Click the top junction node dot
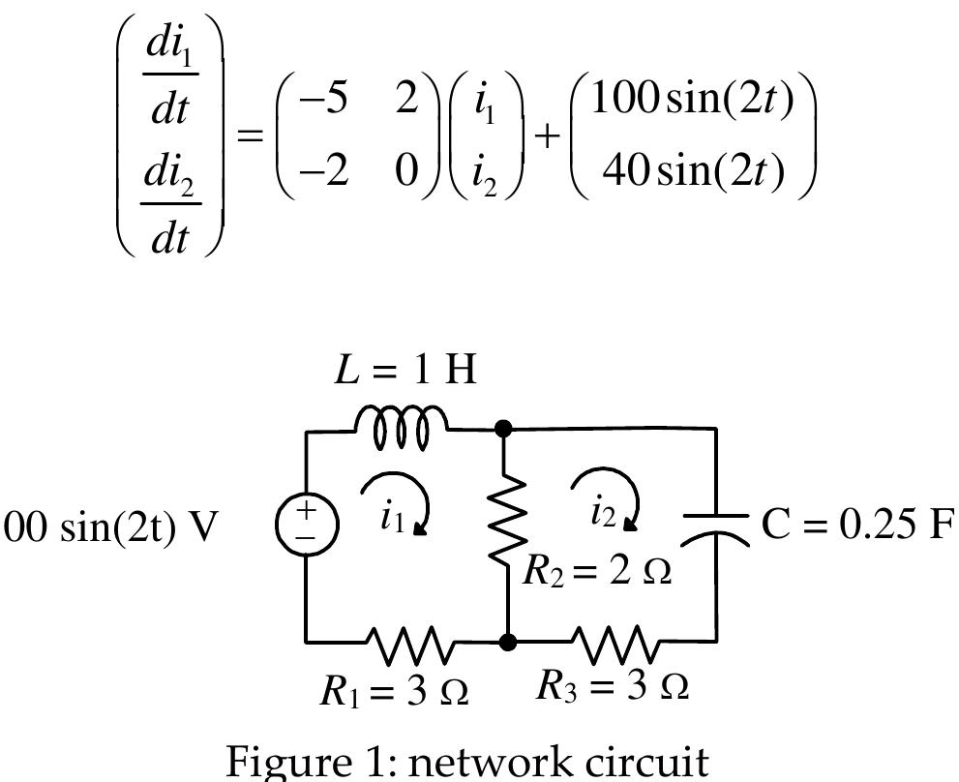[x=503, y=428]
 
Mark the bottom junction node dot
[x=507, y=641]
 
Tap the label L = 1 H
[x=405, y=370]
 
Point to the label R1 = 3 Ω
[x=395, y=690]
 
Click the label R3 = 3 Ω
[x=613, y=685]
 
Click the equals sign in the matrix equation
[x=251, y=135]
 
